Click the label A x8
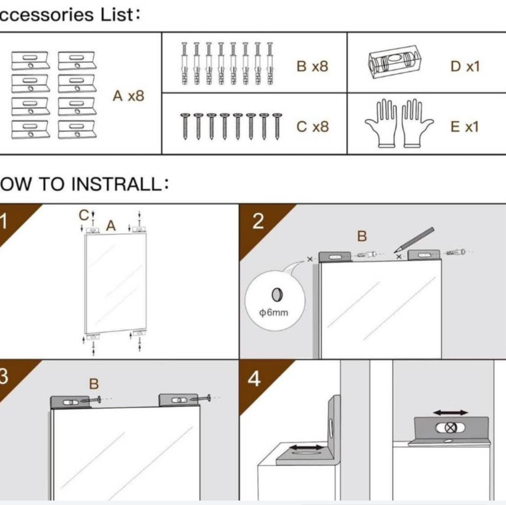tap(128, 96)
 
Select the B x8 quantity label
tap(312, 66)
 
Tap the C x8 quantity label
tap(312, 127)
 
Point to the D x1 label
tap(465, 66)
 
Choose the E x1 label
tap(464, 127)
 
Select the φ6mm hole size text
tap(274, 312)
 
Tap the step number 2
tap(258, 221)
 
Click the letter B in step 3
tap(94, 384)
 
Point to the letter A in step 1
tap(111, 226)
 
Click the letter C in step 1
tap(83, 215)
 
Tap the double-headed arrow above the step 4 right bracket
tap(451, 413)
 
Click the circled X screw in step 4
tap(451, 428)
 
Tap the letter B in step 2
tap(362, 236)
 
